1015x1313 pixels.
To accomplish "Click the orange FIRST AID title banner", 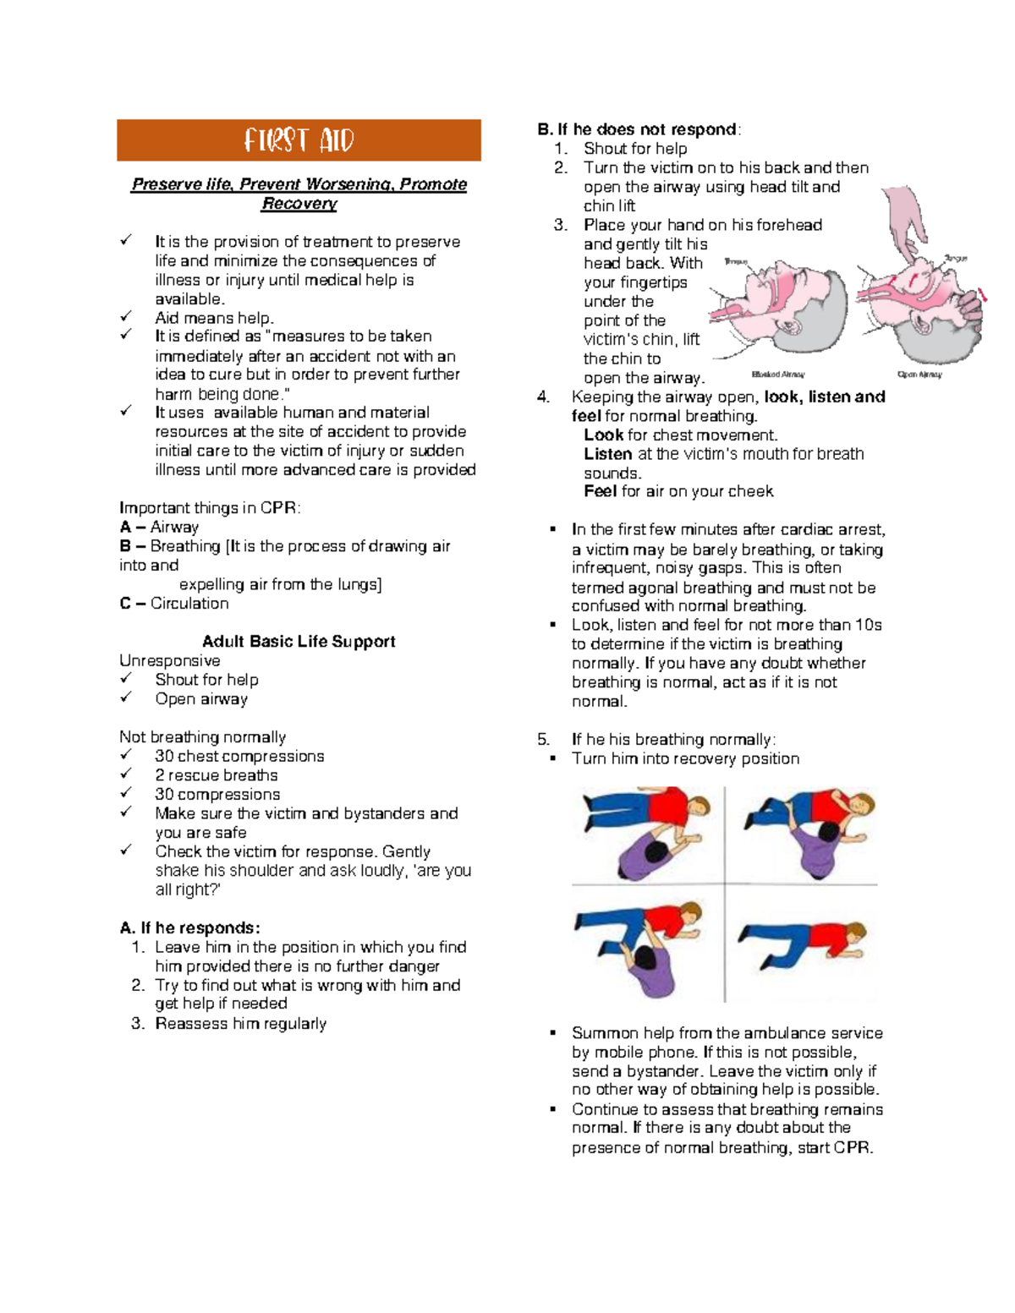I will [299, 140].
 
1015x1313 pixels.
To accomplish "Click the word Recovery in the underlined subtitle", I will [299, 204].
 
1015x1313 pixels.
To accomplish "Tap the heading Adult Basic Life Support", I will [299, 642].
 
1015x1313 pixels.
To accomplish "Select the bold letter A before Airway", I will [125, 528].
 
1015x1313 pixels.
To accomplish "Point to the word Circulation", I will [189, 604].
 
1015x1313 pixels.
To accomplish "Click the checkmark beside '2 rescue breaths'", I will [126, 774].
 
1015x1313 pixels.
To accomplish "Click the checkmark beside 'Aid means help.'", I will [126, 317].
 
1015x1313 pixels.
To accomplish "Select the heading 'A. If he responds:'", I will [190, 928].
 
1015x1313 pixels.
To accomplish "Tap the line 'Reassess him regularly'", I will [240, 1024].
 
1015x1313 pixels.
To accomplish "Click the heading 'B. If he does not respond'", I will [639, 129].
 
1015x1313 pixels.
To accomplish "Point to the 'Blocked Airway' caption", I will [778, 374].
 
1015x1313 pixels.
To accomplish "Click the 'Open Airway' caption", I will [919, 374].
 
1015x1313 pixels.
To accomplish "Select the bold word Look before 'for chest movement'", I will [603, 435].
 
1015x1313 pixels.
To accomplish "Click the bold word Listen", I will [607, 454].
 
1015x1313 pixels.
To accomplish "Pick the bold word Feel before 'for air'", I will [600, 492].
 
